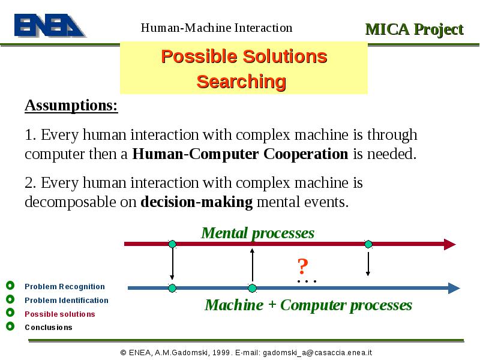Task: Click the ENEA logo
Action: coord(50,25)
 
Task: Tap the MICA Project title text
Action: coord(415,30)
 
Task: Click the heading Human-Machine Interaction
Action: coord(217,28)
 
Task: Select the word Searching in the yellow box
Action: coord(241,82)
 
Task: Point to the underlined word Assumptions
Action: coord(71,106)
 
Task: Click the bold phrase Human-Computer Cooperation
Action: coord(240,154)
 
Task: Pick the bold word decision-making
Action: coord(197,202)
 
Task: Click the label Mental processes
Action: coord(258,233)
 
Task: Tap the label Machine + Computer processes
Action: coord(308,305)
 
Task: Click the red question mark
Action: coord(302,266)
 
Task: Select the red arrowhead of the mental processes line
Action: coord(450,244)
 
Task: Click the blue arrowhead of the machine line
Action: coord(454,288)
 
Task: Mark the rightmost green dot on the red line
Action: coord(368,244)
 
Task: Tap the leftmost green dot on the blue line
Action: coord(172,288)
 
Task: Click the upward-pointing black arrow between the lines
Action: coord(252,265)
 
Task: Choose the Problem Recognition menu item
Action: coord(65,287)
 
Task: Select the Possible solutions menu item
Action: coord(59,314)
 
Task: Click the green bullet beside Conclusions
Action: coord(10,326)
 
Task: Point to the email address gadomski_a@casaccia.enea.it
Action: coord(317,353)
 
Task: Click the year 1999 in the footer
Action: coord(221,353)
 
